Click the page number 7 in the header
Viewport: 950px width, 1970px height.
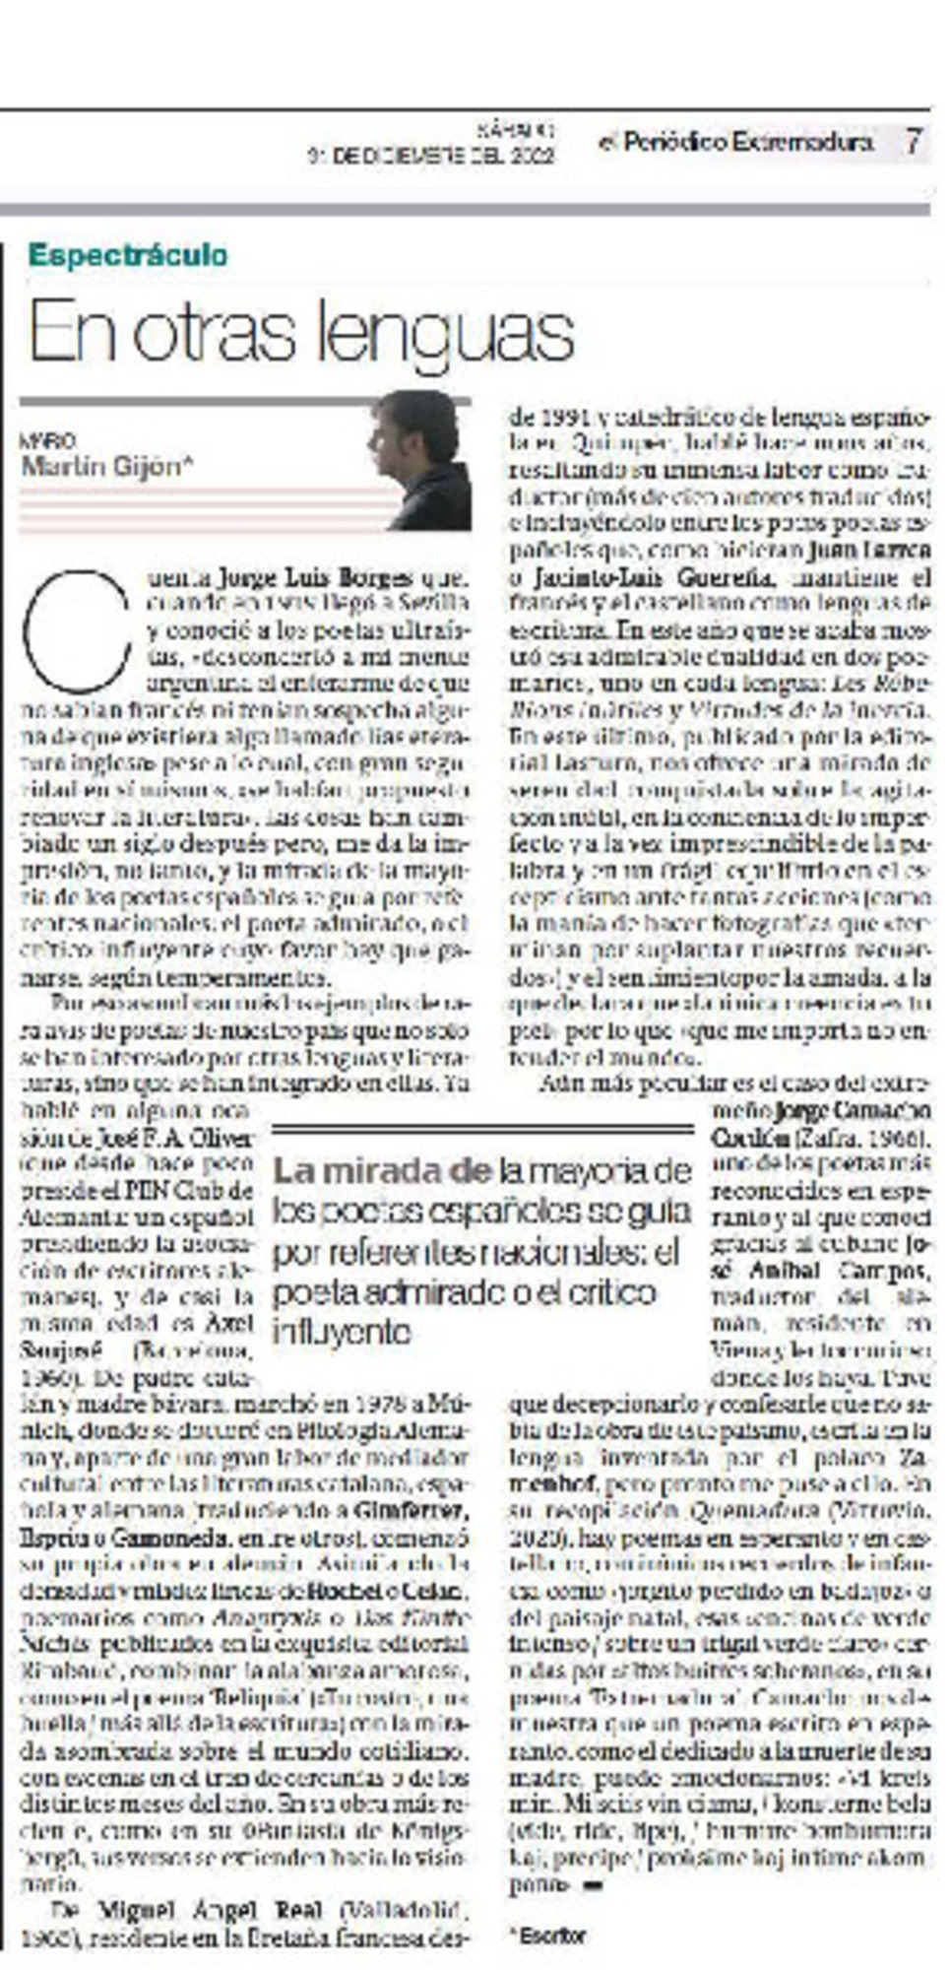point(913,142)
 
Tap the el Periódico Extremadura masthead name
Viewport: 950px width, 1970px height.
point(735,143)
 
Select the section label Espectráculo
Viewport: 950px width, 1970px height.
point(128,255)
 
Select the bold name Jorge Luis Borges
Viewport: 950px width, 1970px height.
point(314,576)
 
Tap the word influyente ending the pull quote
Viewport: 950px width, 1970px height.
point(340,1332)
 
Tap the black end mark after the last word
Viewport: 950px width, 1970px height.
point(592,1885)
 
